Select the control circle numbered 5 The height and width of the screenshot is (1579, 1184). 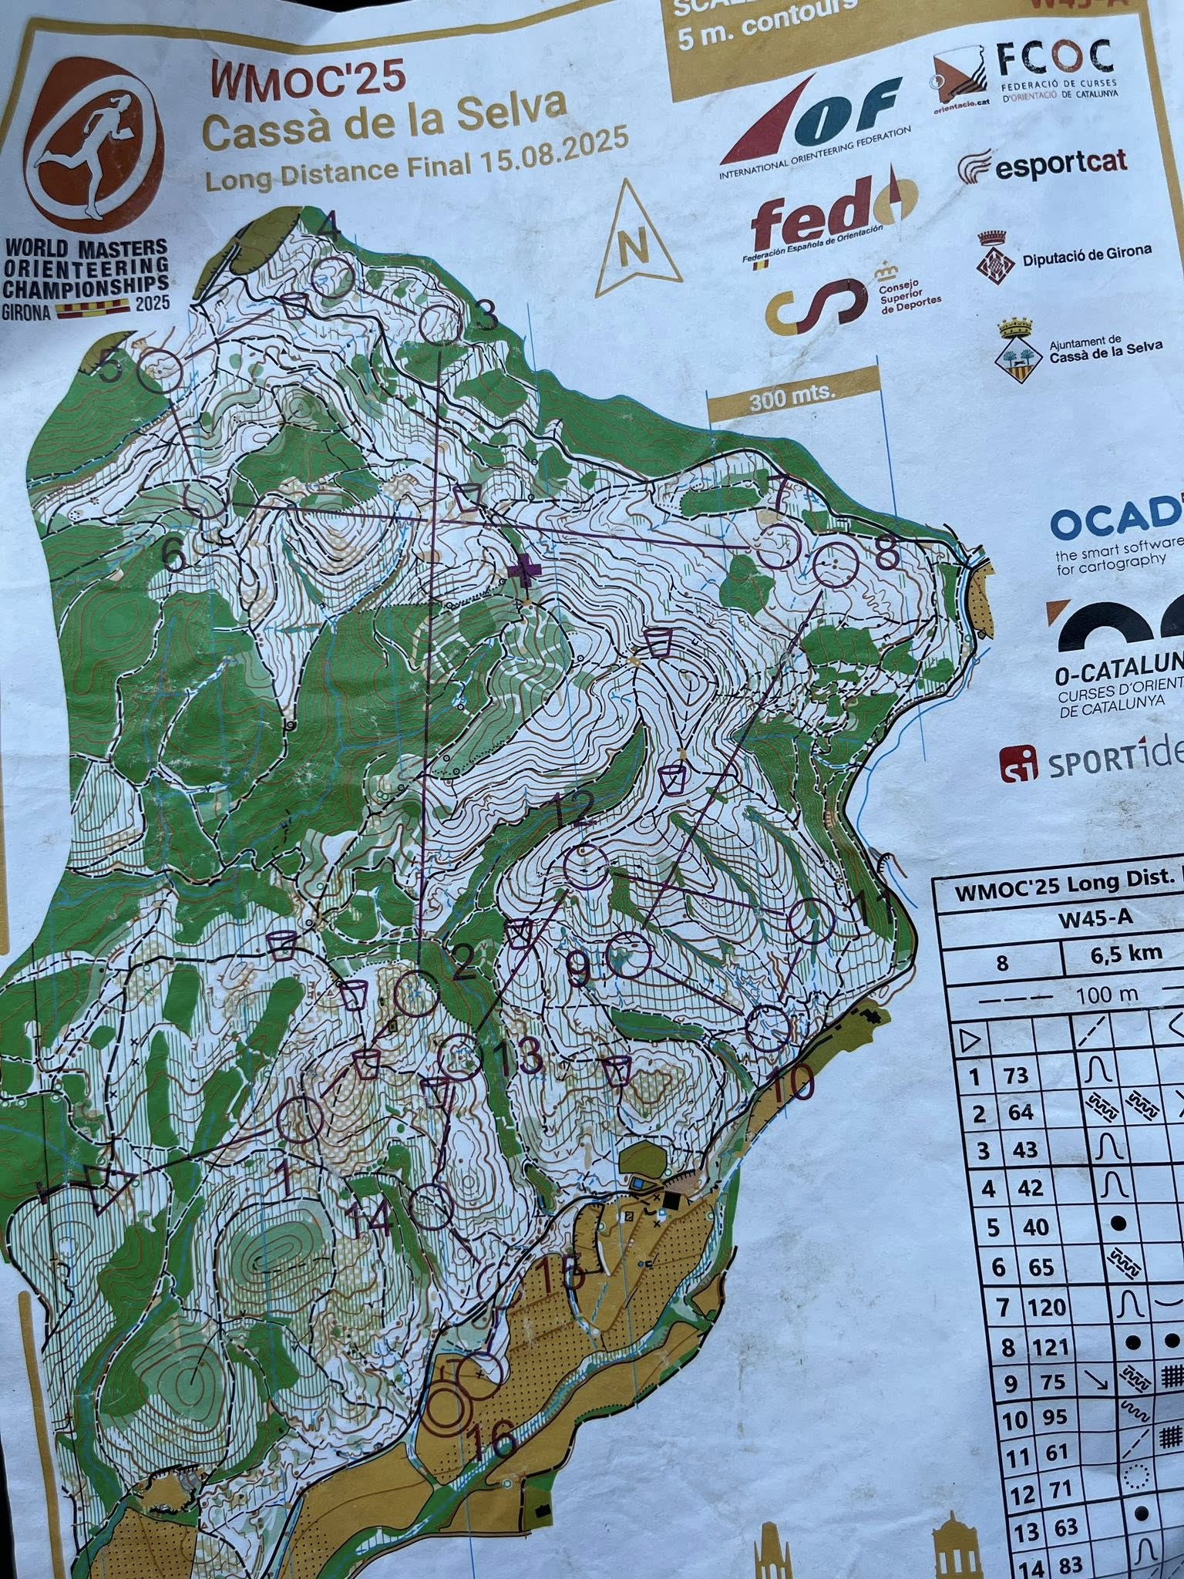tap(160, 372)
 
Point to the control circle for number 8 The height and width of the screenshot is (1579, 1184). tap(836, 564)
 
